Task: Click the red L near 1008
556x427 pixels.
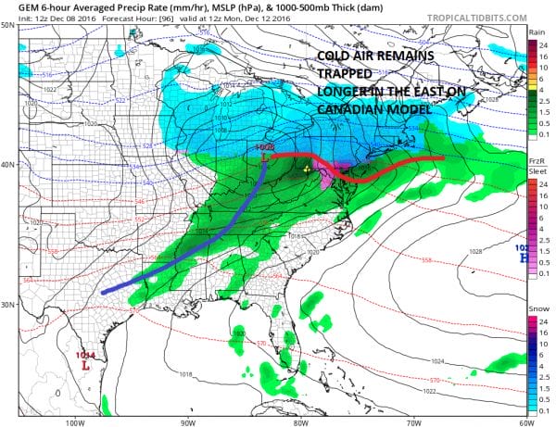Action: pyautogui.click(x=267, y=158)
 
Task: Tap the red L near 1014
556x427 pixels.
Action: pyautogui.click(x=85, y=366)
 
